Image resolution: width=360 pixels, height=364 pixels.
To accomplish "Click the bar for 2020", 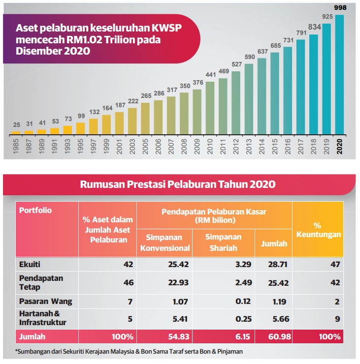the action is pos(339,75).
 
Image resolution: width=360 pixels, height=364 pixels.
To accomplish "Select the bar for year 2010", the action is pos(210,108).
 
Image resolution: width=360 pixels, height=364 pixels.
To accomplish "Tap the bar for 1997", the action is pos(94,127).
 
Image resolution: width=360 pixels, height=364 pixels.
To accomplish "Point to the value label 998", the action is pos(340,8).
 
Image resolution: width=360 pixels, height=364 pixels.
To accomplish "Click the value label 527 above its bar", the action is pos(236,64).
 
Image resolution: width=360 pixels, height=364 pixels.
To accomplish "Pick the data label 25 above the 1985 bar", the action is pos(16,125).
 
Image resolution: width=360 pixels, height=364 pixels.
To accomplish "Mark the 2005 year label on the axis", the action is pos(145,146).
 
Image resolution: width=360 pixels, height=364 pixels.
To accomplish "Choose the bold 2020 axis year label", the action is pos(339,146).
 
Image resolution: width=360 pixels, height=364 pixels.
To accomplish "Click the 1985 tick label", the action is pos(16,146).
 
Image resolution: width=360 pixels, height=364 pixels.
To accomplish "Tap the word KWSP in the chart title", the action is pos(166,28).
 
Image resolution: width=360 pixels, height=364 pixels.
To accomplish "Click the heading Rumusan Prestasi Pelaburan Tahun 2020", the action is pos(178,184).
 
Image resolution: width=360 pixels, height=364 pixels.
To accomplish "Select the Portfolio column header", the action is pos(35,211).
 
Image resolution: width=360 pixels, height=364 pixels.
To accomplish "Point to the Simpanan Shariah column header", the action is pos(224,243).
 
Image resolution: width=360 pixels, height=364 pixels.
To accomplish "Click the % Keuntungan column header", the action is pos(319,230).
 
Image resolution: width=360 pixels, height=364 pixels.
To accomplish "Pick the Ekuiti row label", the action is pos(30,265).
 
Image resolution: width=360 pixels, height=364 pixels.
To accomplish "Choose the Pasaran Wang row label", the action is pos(45,302).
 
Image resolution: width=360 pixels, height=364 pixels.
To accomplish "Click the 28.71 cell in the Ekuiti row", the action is pos(278,265).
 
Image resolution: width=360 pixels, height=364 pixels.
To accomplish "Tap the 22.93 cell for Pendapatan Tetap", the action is pos(178,283).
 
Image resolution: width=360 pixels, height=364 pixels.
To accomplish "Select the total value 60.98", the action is pos(280,336).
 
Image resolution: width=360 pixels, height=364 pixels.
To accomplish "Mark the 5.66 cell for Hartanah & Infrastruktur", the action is pos(281,319).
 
